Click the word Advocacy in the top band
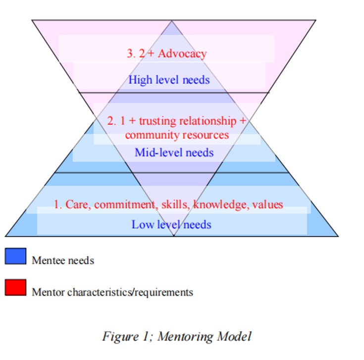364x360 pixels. point(182,53)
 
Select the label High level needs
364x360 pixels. point(169,80)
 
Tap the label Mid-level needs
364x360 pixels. point(174,152)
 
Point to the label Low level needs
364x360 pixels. point(171,224)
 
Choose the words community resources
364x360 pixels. point(177,135)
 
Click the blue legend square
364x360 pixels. point(15,256)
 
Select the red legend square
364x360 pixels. point(15,288)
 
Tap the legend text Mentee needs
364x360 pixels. point(63,260)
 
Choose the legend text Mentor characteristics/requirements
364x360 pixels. point(112,292)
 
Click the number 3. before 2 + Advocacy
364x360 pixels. point(131,53)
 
